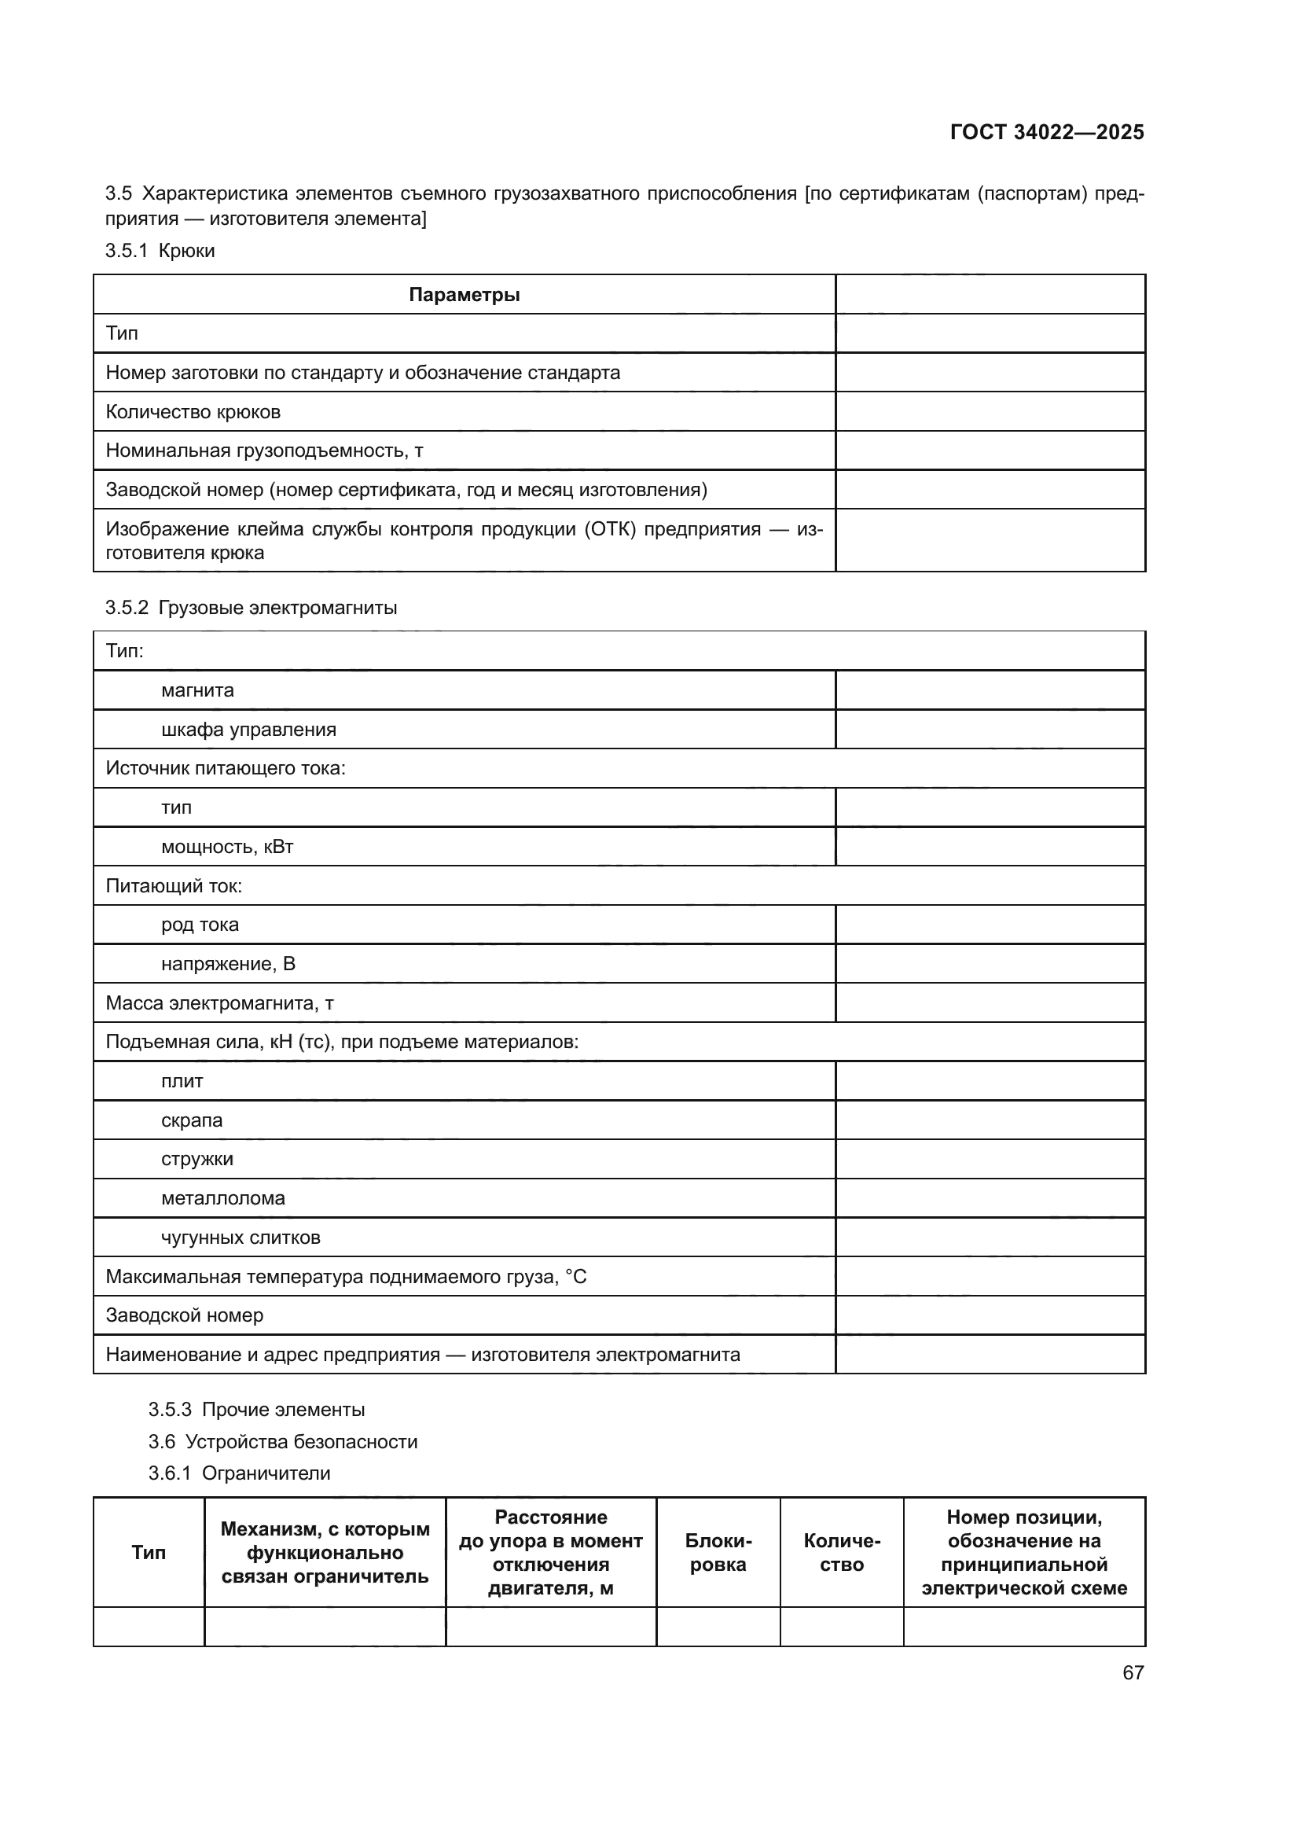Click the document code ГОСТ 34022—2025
click(1046, 132)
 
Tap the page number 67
click(1133, 1672)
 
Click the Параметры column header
click(465, 295)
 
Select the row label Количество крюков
click(193, 412)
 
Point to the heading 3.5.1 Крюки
click(160, 251)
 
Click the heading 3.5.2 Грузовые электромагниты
click(251, 607)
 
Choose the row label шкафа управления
click(248, 730)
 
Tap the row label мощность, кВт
click(227, 847)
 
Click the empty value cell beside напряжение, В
click(990, 964)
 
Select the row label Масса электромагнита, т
click(219, 1002)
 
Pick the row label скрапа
click(191, 1120)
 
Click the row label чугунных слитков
click(241, 1238)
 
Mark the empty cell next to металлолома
click(990, 1198)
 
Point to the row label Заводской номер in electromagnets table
click(184, 1315)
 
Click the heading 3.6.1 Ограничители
click(240, 1473)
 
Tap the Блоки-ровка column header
click(718, 1552)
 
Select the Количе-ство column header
click(841, 1552)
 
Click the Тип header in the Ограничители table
click(148, 1552)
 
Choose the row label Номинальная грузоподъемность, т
click(264, 451)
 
